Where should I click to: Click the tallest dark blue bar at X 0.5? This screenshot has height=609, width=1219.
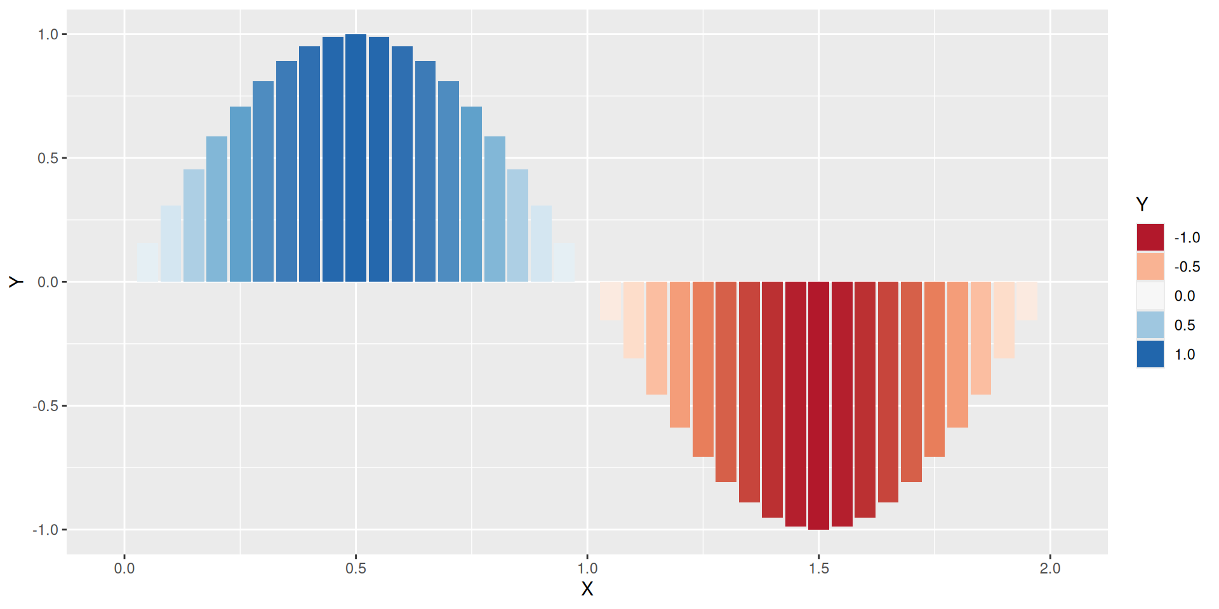356,159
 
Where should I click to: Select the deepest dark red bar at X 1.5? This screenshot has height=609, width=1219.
818,406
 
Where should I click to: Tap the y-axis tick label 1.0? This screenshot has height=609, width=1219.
48,34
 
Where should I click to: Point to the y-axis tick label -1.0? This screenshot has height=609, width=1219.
46,530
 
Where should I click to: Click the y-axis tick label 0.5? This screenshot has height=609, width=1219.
48,158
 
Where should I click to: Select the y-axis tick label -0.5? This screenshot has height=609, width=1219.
46,406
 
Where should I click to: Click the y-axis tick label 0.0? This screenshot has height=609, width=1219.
48,282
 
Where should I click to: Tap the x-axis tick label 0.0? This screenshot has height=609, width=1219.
124,568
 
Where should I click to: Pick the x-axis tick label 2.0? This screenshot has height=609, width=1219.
1050,568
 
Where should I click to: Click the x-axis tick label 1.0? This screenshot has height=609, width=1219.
587,568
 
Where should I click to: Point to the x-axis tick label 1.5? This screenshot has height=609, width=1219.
819,568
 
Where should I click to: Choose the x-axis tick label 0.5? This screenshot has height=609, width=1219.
356,568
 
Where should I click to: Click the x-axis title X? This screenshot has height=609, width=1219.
587,589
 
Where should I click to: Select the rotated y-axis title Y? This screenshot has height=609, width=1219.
16,282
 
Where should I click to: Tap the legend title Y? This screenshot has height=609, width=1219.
1142,204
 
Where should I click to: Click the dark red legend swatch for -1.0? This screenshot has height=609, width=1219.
1150,237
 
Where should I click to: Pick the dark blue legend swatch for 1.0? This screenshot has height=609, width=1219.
1150,354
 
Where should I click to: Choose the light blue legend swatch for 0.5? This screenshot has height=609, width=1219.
1150,325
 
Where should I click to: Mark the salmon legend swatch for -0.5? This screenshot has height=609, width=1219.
1150,266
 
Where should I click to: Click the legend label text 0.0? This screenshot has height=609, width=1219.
1185,296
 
